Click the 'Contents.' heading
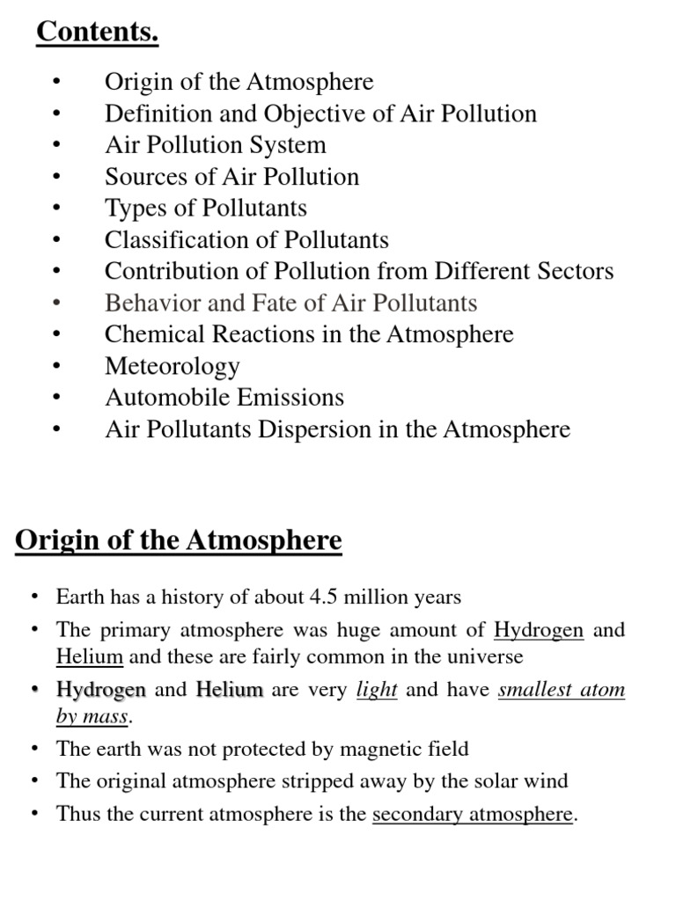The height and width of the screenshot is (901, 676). point(97,33)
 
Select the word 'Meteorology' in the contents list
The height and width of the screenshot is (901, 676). point(172,366)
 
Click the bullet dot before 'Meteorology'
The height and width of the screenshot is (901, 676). point(57,366)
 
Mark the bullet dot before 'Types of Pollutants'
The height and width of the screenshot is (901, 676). point(57,209)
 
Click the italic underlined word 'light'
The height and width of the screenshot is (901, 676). point(376,690)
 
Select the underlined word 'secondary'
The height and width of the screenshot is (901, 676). point(413,814)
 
